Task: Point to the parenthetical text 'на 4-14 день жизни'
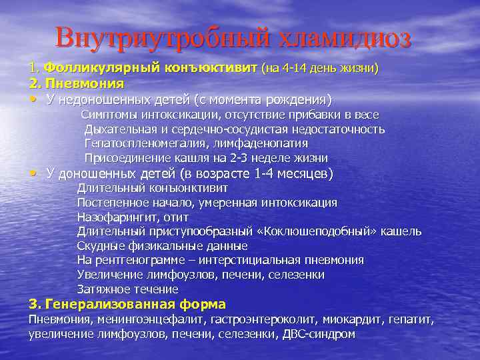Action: [320, 68]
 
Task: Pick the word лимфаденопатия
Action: [253, 143]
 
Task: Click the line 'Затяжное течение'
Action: [127, 289]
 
